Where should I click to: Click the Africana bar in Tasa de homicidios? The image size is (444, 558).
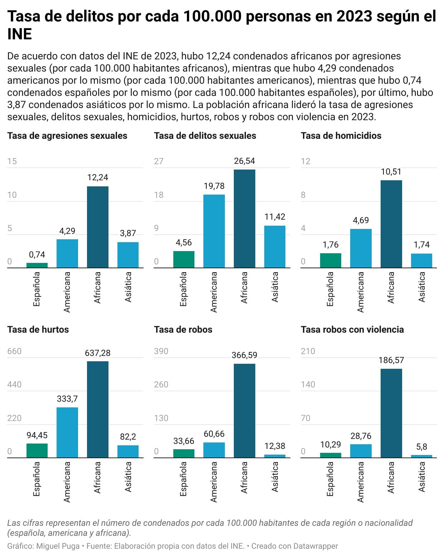click(391, 224)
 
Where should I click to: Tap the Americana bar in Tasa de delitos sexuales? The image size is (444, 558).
click(214, 231)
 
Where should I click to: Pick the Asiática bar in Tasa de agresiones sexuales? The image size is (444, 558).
click(128, 255)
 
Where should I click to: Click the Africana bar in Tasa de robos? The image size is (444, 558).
click(244, 411)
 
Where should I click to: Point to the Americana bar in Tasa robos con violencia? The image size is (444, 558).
click(361, 451)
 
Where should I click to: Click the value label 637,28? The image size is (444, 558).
click(98, 353)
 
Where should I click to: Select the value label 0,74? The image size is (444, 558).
click(37, 255)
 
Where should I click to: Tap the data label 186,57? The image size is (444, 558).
click(391, 360)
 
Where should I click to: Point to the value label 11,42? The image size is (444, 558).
click(275, 216)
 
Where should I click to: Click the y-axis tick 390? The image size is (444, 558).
click(161, 351)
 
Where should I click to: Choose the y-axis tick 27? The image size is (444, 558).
click(159, 161)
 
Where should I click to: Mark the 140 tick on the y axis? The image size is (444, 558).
click(308, 384)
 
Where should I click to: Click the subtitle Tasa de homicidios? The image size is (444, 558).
click(341, 136)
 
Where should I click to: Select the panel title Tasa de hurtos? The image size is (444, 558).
click(38, 329)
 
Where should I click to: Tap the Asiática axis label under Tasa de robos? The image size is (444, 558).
click(275, 476)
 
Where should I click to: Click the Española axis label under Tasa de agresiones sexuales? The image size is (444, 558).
click(37, 289)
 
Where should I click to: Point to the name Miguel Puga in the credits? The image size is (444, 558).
click(58, 546)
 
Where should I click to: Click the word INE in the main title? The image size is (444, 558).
click(20, 34)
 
